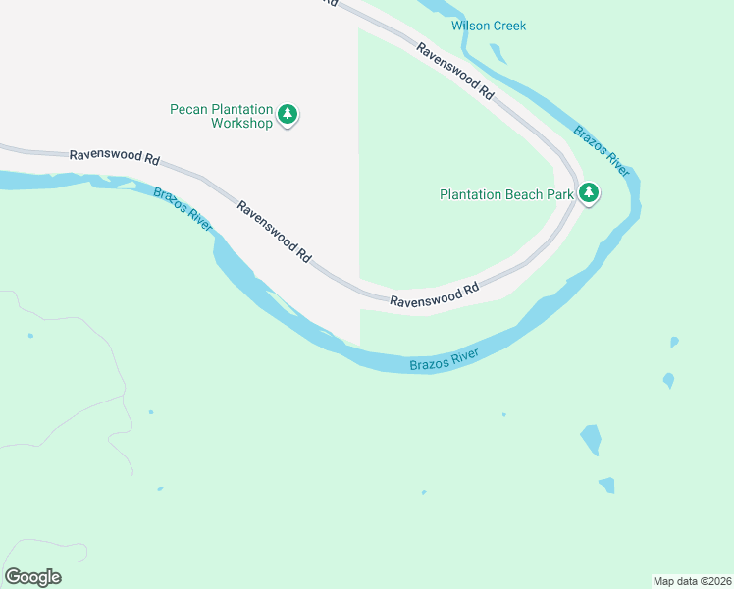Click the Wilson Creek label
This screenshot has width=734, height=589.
pyautogui.click(x=489, y=26)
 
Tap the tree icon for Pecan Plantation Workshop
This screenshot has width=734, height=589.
pyautogui.click(x=288, y=115)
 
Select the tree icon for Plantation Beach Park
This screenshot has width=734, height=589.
pyautogui.click(x=589, y=193)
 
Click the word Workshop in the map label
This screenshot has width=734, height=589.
pyautogui.click(x=241, y=124)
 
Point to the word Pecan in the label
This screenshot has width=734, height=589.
pyautogui.click(x=186, y=108)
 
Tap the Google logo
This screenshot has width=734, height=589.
pyautogui.click(x=33, y=577)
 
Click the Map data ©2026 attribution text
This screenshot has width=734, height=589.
pyautogui.click(x=692, y=581)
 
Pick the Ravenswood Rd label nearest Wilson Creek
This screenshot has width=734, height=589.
pyautogui.click(x=454, y=70)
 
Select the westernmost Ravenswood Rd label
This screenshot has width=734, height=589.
pyautogui.click(x=114, y=157)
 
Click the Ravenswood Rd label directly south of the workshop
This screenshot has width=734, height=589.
pyautogui.click(x=274, y=232)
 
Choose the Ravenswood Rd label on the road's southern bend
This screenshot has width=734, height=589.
pyautogui.click(x=434, y=295)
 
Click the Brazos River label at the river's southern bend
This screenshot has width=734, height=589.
pyautogui.click(x=444, y=359)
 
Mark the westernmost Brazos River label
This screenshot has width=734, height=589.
pyautogui.click(x=183, y=207)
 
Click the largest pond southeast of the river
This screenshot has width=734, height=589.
pyautogui.click(x=591, y=439)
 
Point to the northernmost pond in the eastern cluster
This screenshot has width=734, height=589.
pyautogui.click(x=674, y=342)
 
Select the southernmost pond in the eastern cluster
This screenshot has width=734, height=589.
pyautogui.click(x=606, y=485)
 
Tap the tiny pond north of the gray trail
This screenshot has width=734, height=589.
pyautogui.click(x=30, y=336)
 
